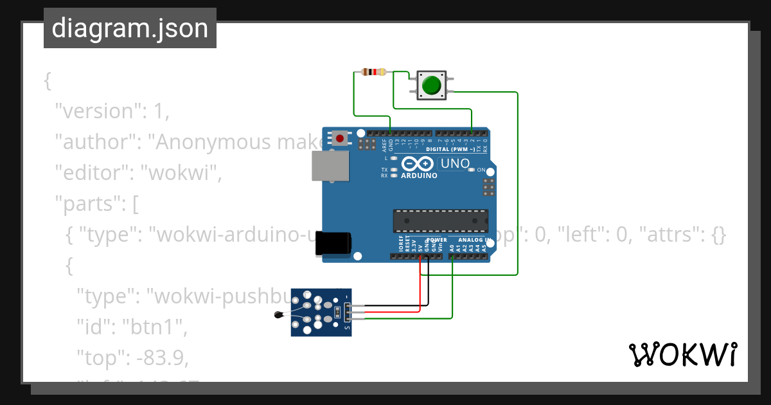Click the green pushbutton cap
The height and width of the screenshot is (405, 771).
tap(432, 85)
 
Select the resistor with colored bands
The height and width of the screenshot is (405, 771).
tap(374, 72)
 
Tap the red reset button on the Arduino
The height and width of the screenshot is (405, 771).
tap(339, 137)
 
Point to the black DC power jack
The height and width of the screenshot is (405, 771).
tap(333, 244)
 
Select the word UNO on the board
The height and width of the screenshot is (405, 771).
tap(456, 164)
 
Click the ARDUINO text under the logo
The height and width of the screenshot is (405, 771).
tap(419, 175)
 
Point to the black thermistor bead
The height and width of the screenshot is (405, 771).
tap(278, 315)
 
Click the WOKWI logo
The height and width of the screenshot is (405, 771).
tap(682, 355)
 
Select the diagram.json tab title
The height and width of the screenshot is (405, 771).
tap(130, 29)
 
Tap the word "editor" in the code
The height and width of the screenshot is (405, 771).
tap(92, 173)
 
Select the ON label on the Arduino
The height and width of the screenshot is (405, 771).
tap(481, 170)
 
